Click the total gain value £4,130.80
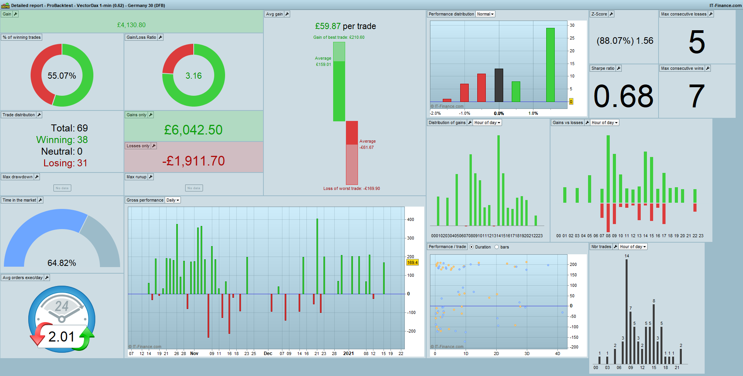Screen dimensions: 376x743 pos(131,25)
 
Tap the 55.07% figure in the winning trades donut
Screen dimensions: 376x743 pos(62,76)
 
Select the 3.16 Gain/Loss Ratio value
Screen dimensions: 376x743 pos(193,76)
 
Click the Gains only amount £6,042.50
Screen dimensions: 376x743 pos(193,130)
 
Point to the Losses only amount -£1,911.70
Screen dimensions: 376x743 pos(193,161)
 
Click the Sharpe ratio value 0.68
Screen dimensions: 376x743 pos(623,96)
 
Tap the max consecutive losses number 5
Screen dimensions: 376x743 pos(697,42)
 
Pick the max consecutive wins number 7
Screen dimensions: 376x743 pos(697,96)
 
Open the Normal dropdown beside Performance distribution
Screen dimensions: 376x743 pos(485,14)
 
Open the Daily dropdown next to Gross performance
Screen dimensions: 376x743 pos(173,200)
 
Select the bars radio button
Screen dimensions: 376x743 pos(497,247)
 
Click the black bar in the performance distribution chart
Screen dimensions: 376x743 pos(499,85)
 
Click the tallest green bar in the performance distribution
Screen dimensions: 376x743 pos(550,65)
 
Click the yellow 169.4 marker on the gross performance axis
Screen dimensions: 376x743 pos(412,262)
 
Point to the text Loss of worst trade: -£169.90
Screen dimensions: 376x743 pos(351,188)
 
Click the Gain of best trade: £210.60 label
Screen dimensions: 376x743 pos(339,37)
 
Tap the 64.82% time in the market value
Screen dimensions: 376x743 pos(62,263)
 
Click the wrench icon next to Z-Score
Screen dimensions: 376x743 pos(611,14)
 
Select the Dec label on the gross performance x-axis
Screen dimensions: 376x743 pos(268,354)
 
